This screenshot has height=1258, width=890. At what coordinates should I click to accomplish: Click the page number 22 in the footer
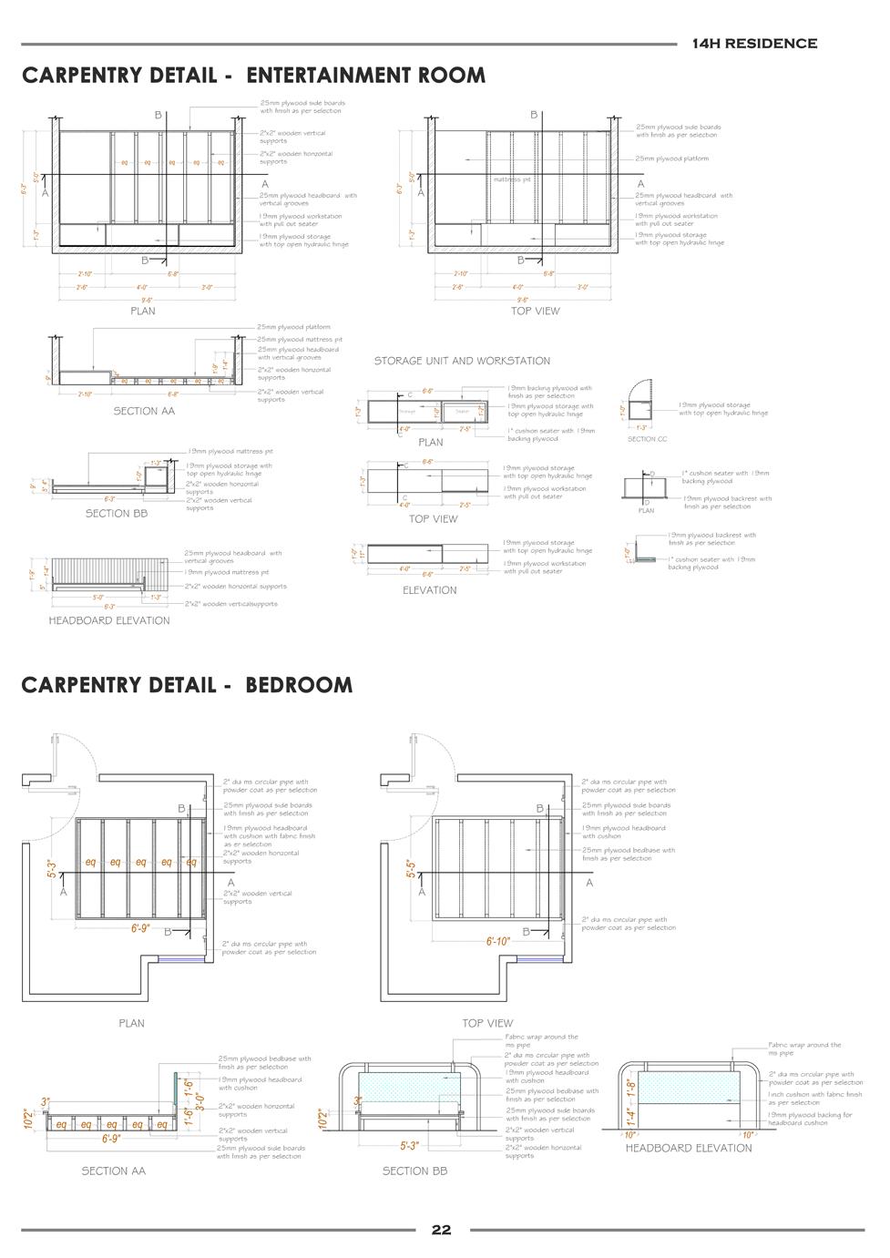(x=441, y=1230)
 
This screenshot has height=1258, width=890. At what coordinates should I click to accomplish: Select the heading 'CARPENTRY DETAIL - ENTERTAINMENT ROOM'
(x=253, y=75)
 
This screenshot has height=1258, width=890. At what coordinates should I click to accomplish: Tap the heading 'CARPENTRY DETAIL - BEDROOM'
(x=187, y=684)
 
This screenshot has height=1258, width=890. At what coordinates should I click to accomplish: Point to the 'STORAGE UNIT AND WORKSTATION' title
(x=462, y=361)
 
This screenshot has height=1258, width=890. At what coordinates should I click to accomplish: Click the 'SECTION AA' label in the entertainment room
(x=143, y=411)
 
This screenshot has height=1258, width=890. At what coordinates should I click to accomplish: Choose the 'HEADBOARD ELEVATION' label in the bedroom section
(x=688, y=1148)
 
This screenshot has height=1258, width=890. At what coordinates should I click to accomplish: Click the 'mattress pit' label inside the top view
(x=511, y=179)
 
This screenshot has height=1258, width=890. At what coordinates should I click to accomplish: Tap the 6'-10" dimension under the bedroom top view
(x=497, y=942)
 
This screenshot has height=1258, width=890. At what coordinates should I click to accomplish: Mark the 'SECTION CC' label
(x=647, y=439)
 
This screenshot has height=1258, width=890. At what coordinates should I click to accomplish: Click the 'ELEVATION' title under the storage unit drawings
(x=429, y=590)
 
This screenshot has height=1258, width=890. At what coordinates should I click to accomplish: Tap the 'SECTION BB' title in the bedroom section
(x=414, y=1171)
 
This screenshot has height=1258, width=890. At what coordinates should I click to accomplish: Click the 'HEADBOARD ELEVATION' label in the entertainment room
(x=109, y=620)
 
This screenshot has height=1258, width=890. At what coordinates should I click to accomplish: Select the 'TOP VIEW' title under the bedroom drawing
(x=487, y=1023)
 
